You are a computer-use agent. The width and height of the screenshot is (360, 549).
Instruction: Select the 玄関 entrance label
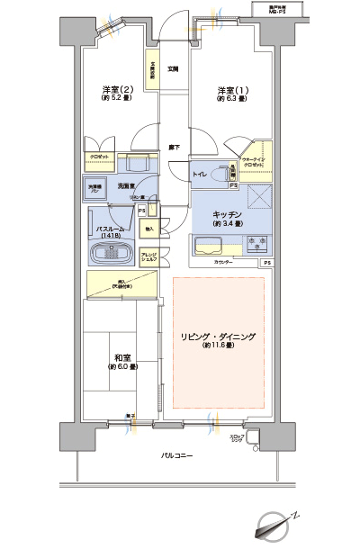pyautogui.click(x=172, y=68)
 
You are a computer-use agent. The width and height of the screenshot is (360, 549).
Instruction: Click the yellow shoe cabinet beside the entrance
pyautogui.click(x=153, y=69)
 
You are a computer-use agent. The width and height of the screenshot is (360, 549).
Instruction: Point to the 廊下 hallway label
pyautogui.click(x=172, y=148)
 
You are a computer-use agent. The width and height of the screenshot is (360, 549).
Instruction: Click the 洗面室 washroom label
pyautogui.click(x=126, y=184)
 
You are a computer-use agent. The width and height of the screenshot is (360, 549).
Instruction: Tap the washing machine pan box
pyautogui.click(x=94, y=189)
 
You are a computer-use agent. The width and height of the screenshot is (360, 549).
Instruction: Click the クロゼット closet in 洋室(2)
pyautogui.click(x=99, y=156)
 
